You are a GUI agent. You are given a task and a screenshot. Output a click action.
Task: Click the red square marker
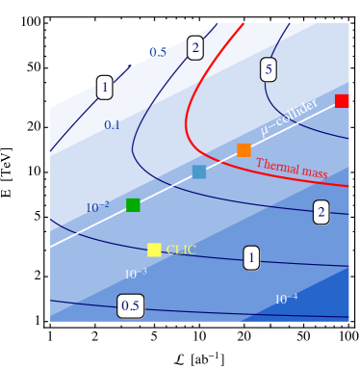point(342,101)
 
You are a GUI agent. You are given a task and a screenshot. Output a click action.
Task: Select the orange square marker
point(244,150)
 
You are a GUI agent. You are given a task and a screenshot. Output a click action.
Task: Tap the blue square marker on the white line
point(199,172)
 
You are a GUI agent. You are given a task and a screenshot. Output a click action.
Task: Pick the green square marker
point(133,204)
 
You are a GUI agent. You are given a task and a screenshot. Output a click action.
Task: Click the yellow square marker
point(154,250)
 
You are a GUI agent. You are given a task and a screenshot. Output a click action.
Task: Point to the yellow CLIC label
point(181,251)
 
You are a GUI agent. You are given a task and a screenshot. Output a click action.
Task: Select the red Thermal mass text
point(291,170)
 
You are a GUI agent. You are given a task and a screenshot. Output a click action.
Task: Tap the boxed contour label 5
point(269,69)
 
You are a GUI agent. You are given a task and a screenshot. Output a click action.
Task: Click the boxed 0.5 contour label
point(131,306)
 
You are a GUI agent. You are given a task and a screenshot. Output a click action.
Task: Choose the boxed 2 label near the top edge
point(195,47)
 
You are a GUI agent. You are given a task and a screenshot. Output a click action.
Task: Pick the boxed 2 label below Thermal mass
point(321,212)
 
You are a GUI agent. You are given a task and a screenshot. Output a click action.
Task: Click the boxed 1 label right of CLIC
point(251,257)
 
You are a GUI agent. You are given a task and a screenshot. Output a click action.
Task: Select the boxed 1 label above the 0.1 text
point(104,88)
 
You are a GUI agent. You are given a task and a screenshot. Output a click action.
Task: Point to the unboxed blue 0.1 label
point(113,125)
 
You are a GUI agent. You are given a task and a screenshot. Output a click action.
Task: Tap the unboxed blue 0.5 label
point(158,53)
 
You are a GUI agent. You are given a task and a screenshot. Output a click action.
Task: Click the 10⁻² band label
point(97,207)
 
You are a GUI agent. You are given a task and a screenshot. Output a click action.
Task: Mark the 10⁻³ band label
point(136,274)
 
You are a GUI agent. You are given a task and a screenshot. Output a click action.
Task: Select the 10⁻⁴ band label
point(286,300)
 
